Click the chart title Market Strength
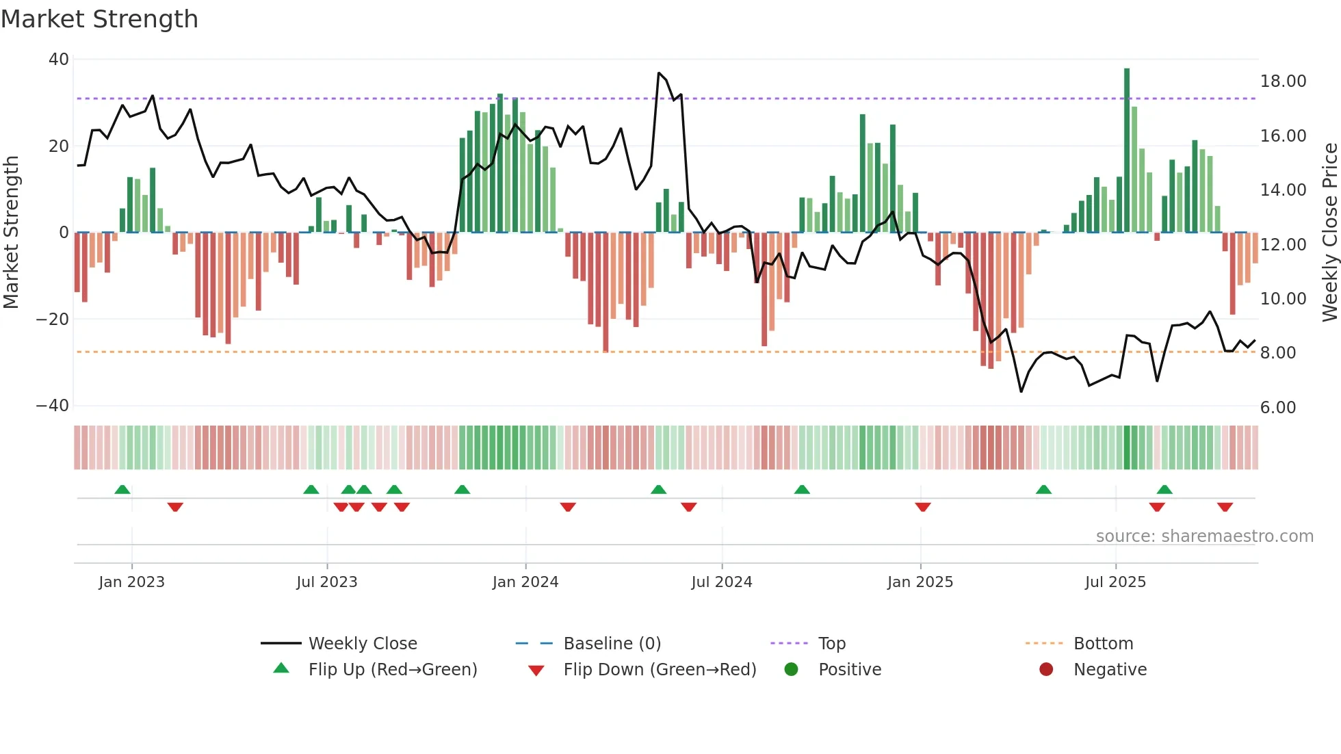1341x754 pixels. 99,19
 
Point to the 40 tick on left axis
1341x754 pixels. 59,60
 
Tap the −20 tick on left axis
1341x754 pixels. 53,319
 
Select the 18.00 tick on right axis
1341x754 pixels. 1283,81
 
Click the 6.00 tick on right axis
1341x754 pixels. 1278,408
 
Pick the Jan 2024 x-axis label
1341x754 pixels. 525,582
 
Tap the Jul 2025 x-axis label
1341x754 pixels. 1115,582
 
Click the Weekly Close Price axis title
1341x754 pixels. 1329,232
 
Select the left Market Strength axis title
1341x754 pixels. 11,232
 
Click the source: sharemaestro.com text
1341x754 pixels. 1204,536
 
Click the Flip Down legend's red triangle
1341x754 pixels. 536,671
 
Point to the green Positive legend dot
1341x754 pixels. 791,670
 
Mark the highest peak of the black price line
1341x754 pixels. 659,73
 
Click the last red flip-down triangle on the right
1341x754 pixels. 1225,507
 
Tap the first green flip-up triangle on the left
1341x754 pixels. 122,489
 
